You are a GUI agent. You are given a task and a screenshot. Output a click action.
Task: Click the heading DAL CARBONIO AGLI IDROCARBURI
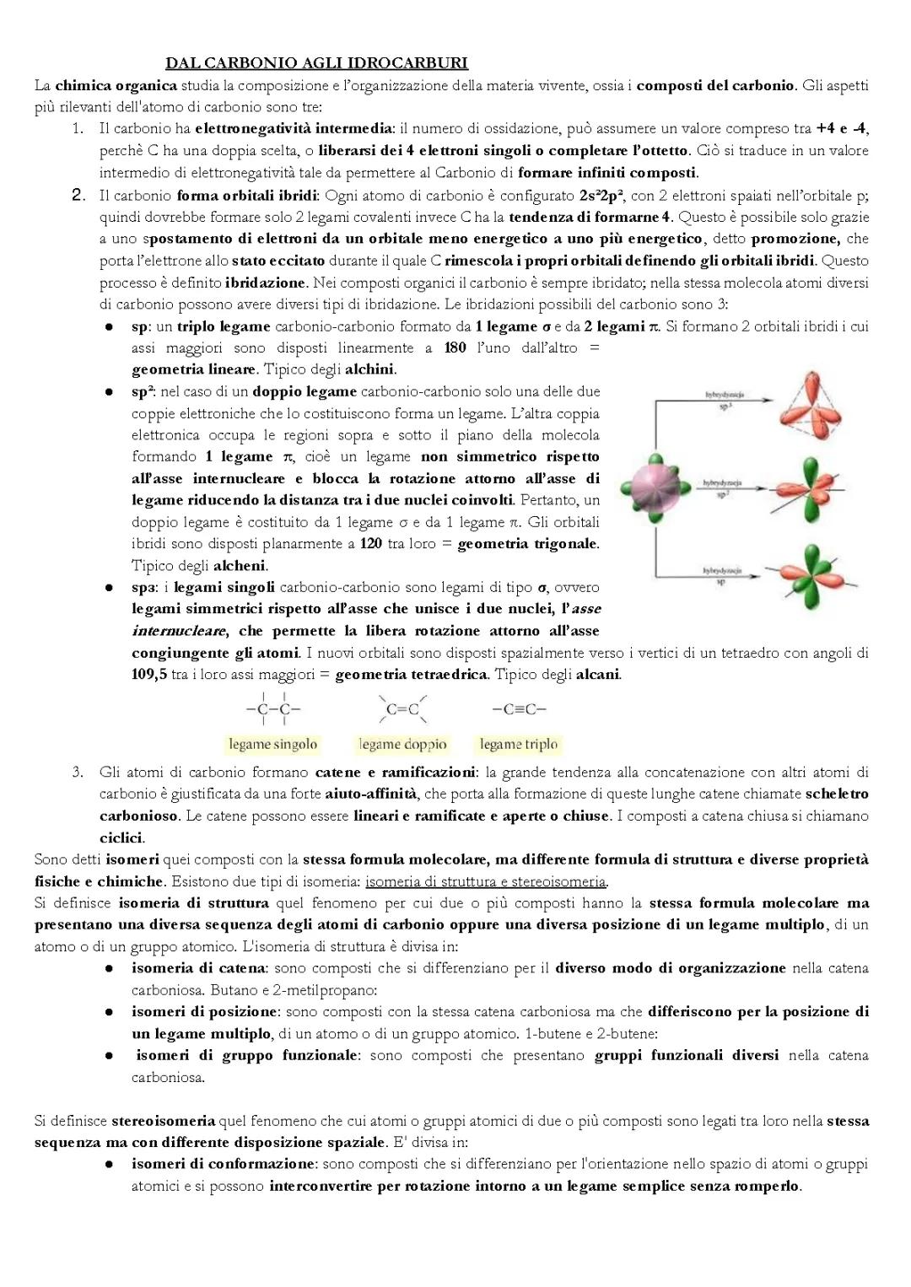[x=316, y=63]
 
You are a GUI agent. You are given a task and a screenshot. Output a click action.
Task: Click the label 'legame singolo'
[x=272, y=744]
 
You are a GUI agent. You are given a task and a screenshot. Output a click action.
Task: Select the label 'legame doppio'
[x=402, y=744]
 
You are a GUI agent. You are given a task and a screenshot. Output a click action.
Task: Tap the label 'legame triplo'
[x=519, y=744]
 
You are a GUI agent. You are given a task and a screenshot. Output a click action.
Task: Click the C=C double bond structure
[x=402, y=709]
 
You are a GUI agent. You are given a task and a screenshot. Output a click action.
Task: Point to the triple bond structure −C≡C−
[x=519, y=709]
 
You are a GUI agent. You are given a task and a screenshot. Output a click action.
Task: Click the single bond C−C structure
[x=272, y=709]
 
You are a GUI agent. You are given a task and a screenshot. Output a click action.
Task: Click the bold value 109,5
[x=149, y=675]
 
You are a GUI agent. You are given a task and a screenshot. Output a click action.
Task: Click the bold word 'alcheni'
[x=240, y=566]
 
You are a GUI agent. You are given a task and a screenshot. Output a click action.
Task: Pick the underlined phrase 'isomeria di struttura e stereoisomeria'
[x=486, y=881]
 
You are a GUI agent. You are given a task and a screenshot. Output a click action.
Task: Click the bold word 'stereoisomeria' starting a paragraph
[x=164, y=1121]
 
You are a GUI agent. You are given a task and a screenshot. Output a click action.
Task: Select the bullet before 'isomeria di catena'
[x=110, y=969]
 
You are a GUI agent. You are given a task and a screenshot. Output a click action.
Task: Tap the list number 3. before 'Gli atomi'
[x=77, y=772]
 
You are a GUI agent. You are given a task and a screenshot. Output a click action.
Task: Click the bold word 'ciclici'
[x=121, y=837]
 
